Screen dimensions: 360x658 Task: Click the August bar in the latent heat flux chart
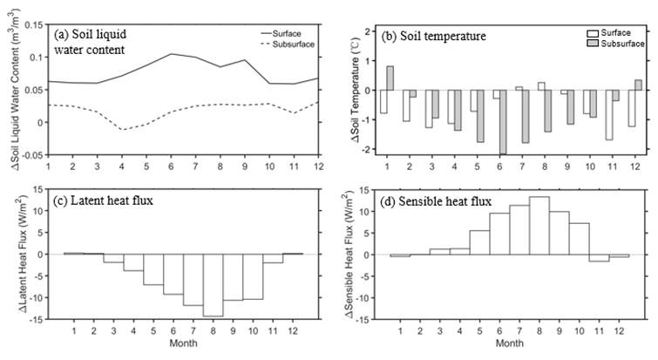(x=214, y=285)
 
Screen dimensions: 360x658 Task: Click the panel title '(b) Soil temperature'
(x=431, y=37)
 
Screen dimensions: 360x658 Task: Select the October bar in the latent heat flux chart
(x=254, y=276)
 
